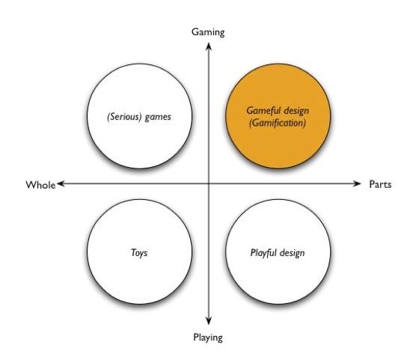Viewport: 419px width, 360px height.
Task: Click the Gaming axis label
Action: coord(208,32)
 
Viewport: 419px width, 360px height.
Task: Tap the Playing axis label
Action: coord(208,338)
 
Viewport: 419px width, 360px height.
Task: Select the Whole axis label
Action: coord(40,185)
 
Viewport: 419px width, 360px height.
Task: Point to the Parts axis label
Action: coord(380,184)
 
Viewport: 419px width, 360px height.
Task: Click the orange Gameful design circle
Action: coord(278,116)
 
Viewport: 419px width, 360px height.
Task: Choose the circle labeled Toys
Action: coord(139,251)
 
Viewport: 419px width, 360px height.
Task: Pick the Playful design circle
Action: coord(278,251)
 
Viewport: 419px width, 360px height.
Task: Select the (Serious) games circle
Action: coord(139,116)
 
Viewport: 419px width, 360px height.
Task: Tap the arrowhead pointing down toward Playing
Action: coord(209,321)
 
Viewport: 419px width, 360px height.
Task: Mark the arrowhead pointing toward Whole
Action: coord(61,183)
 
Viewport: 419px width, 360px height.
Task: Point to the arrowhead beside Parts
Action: coord(357,183)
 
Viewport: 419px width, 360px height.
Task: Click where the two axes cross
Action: coord(209,183)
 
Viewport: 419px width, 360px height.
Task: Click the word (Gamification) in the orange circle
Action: coord(278,123)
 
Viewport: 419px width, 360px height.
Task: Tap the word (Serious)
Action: coord(124,117)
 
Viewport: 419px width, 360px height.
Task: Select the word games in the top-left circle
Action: coord(158,118)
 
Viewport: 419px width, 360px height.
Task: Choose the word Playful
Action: coord(263,253)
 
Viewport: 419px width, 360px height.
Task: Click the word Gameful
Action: coord(263,110)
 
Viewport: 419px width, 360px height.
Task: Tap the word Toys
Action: coord(139,252)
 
